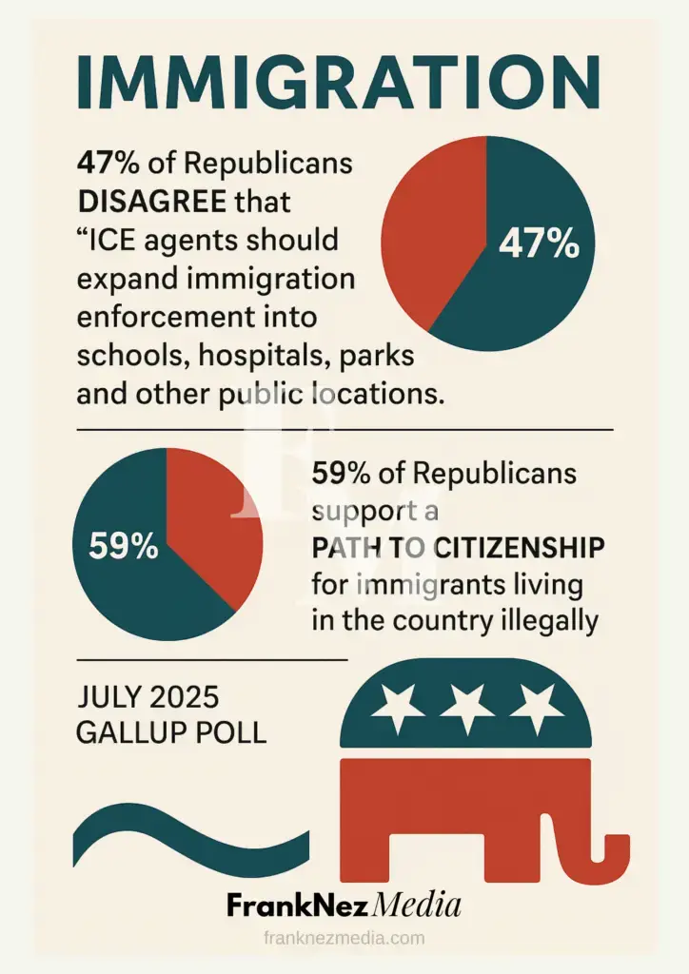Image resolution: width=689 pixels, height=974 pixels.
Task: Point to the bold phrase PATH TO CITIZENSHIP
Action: [x=458, y=548]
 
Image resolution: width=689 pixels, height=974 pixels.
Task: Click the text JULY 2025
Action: [x=148, y=697]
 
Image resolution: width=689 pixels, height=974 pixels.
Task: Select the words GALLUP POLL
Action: [x=171, y=732]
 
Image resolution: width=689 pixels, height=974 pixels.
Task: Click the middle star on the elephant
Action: [x=466, y=707]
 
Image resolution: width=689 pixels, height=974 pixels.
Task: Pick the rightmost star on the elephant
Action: [x=539, y=707]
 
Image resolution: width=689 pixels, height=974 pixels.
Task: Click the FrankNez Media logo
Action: [x=344, y=905]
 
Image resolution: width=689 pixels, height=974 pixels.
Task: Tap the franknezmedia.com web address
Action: [x=344, y=938]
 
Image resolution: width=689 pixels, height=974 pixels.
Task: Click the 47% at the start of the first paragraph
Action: [x=107, y=163]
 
